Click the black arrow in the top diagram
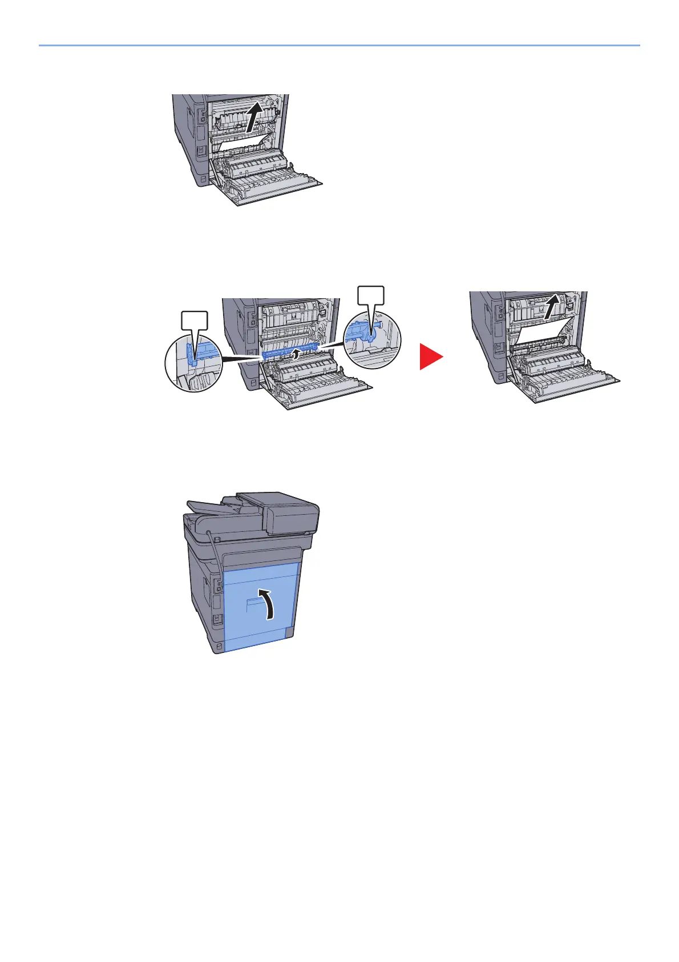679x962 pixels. pos(254,116)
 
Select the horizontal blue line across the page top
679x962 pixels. pos(339,45)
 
